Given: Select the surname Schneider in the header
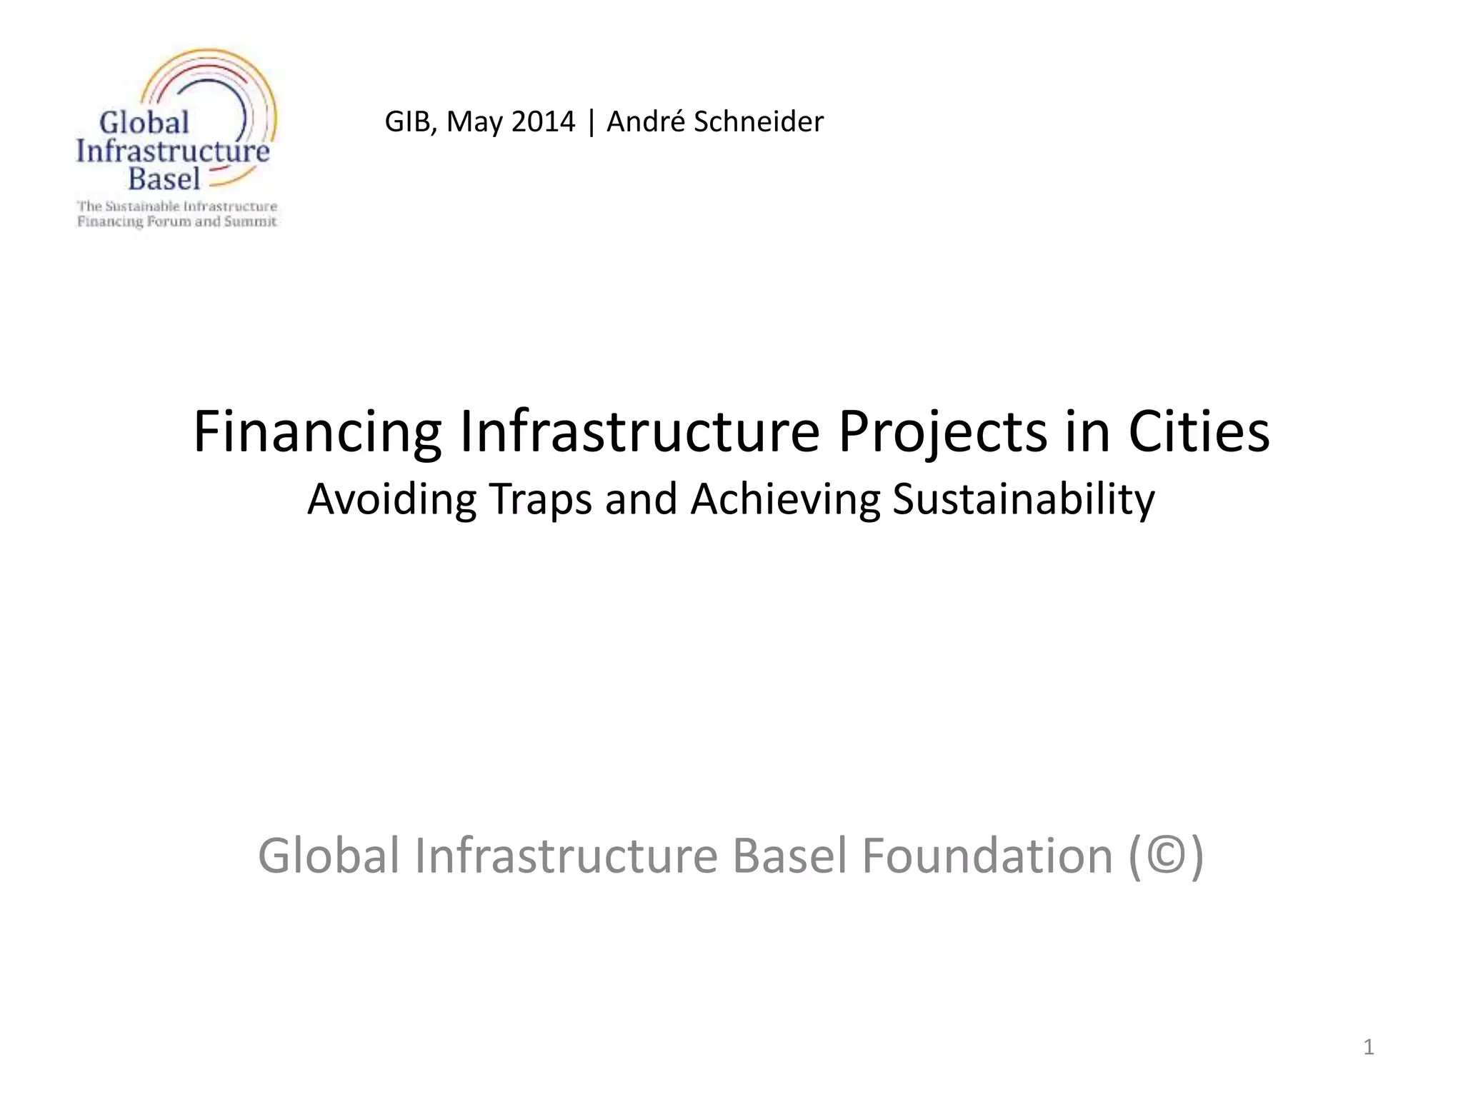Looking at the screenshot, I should point(759,121).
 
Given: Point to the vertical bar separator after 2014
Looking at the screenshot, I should point(591,121).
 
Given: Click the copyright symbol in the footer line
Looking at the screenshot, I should point(1167,856).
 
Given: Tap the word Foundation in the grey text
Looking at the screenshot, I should point(987,856).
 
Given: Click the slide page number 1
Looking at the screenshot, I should point(1368,1047).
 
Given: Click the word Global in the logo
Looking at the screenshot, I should point(144,123).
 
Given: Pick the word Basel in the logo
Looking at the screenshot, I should point(164,179).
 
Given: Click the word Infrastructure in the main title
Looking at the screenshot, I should point(639,432).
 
